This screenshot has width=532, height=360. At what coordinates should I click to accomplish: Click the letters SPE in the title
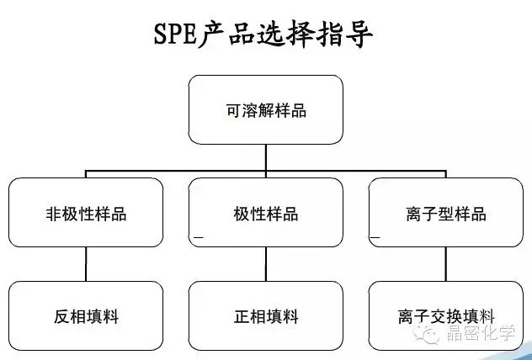(175, 34)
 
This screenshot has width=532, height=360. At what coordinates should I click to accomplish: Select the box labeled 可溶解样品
(266, 110)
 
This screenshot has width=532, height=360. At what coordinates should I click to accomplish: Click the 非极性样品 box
(86, 213)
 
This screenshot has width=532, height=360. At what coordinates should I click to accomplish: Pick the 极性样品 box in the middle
(266, 213)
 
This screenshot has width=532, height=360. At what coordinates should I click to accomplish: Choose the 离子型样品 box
(446, 213)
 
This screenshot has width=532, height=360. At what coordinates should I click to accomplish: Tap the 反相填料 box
(86, 316)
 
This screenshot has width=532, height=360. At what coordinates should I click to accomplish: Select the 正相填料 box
(266, 316)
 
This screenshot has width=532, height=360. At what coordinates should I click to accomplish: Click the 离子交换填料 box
(446, 316)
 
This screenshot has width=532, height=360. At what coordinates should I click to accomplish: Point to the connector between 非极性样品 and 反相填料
(86, 264)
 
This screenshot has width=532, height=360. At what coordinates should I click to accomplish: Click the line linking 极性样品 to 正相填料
(266, 264)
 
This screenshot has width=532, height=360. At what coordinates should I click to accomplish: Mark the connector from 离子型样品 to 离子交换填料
(446, 264)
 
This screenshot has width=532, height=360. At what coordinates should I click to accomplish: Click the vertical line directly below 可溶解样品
(266, 157)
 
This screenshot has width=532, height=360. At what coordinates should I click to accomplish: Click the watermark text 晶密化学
(481, 333)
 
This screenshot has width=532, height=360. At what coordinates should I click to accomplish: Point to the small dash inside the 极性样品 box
(199, 237)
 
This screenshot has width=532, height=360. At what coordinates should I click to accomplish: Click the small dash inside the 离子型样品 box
(375, 237)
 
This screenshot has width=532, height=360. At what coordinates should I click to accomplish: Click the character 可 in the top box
(233, 110)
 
